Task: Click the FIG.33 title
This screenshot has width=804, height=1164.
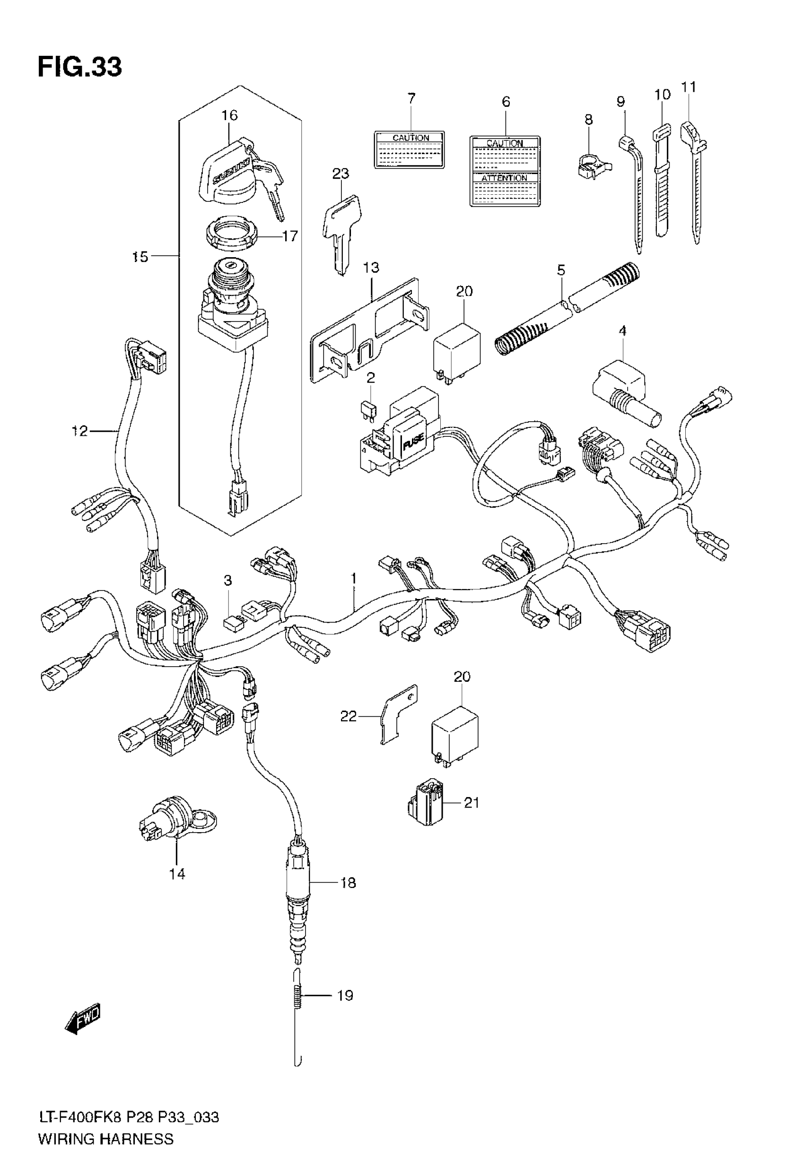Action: point(79,67)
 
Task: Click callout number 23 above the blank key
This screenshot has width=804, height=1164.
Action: point(341,174)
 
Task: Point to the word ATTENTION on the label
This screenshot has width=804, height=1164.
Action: point(504,178)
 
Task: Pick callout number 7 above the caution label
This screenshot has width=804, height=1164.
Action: point(411,98)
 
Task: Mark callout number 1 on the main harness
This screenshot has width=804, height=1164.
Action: point(354,579)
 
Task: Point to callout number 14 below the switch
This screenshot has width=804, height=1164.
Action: point(177,874)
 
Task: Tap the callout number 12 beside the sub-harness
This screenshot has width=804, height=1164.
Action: point(79,431)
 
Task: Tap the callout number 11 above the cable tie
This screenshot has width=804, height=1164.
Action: point(688,87)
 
